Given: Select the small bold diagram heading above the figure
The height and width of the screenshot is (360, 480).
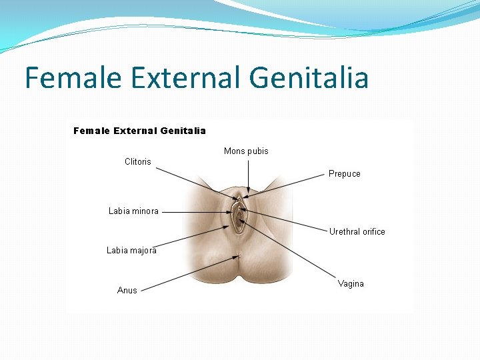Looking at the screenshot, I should tap(139, 131).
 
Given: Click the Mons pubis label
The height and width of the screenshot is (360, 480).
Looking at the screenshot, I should tap(246, 151).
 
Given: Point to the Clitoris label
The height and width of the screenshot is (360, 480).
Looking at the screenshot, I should tap(138, 162).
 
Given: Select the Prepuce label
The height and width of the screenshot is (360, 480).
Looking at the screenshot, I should tap(344, 174).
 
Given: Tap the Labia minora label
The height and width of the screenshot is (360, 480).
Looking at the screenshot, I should tap(133, 211).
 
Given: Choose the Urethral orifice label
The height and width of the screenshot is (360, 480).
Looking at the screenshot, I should tap(357, 232).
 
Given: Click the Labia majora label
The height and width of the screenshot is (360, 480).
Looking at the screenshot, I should tap(131, 251).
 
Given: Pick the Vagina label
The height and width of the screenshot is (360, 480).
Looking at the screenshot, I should tap(351, 284).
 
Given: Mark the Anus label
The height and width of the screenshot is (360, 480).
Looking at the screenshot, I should tap(127, 291).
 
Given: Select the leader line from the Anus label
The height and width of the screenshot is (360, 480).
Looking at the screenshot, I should tap(190, 273).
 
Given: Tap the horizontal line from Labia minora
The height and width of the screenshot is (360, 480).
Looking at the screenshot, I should tap(197, 212).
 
